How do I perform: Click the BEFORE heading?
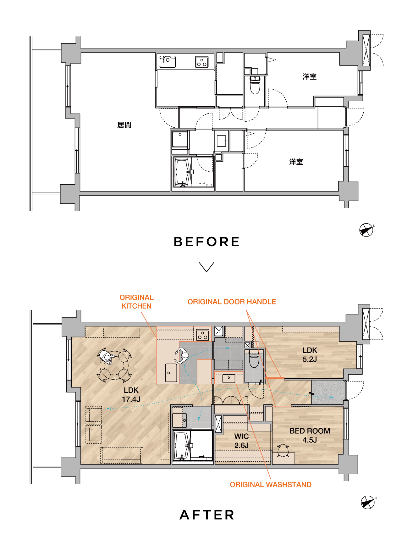coord(206,242)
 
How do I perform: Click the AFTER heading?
coord(207,515)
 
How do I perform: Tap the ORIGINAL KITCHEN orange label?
coord(136,302)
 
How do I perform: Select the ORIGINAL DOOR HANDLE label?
coord(232,302)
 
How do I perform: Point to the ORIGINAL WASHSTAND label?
coord(271,484)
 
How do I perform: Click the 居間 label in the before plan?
coord(124,125)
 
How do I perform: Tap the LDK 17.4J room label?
coord(131,395)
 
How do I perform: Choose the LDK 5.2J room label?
coord(310,355)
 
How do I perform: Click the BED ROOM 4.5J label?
coord(310,435)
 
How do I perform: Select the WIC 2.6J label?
coord(241,441)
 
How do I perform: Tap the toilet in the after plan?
coord(254,359)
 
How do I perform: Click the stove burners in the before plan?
coord(202,62)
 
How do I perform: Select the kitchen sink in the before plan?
coord(168,62)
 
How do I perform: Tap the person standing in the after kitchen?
coord(182,356)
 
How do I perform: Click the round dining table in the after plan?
coord(114,365)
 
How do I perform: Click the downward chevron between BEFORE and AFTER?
coord(206,267)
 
